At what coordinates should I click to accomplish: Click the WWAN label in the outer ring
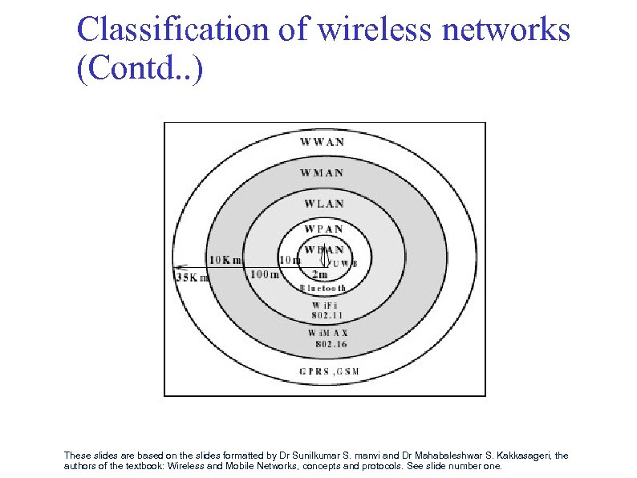point(323,142)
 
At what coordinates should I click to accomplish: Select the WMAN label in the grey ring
point(323,172)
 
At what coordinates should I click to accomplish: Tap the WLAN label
point(323,203)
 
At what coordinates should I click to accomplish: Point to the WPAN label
point(323,229)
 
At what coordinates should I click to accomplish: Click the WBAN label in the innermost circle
point(323,249)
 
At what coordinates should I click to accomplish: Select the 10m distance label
point(290,259)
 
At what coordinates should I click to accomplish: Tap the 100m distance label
point(266,275)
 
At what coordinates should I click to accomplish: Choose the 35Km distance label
point(192,278)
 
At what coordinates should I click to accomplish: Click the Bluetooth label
point(323,287)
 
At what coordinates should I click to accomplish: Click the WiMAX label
point(327,332)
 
